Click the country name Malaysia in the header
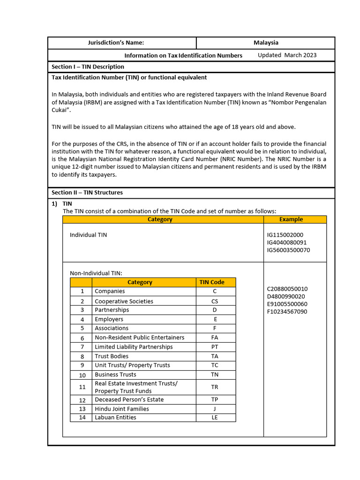point(266,43)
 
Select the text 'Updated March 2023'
point(287,55)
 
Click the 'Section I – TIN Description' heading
point(88,67)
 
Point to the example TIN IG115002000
point(285,234)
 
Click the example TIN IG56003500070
point(288,250)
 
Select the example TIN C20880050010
point(287,289)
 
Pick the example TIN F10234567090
point(287,311)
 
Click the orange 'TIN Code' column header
point(212,282)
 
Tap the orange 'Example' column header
point(291,219)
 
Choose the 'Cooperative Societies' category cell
point(124,301)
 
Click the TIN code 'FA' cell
point(215,337)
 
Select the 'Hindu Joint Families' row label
point(122,409)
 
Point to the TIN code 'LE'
point(215,418)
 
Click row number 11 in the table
point(82,387)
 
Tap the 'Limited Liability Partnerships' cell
point(134,347)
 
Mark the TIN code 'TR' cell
point(215,387)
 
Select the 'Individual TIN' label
point(88,235)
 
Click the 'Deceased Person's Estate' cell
point(129,400)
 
